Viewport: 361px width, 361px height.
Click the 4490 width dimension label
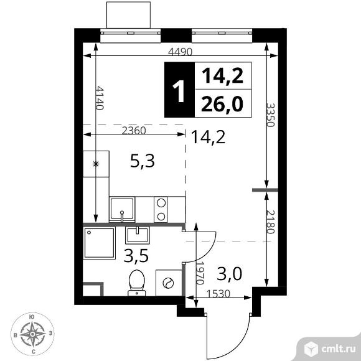180,52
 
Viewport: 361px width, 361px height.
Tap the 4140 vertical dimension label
100,98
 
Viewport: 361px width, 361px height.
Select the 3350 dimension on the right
271,115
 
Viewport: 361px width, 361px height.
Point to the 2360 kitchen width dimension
134,131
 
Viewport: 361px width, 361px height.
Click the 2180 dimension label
271,222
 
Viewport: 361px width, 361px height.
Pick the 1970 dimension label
200,273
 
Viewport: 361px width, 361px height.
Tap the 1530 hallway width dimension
218,294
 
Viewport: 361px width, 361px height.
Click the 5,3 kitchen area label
143,161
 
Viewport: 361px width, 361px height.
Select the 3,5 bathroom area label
136,256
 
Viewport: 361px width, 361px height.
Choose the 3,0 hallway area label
229,274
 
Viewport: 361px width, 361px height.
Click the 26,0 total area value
222,103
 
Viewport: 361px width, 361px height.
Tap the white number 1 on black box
179,91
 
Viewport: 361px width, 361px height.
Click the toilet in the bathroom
137,283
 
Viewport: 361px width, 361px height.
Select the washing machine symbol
169,283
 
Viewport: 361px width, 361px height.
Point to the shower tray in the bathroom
99,243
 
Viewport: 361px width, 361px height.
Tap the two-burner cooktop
161,210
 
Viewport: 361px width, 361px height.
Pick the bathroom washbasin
138,235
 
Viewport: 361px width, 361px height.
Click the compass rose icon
32,334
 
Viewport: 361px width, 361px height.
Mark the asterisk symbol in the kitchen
96,164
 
